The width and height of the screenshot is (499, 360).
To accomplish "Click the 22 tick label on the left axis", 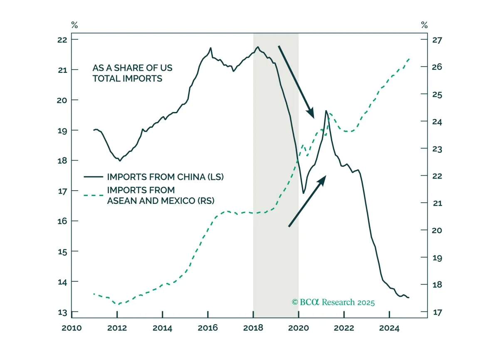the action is [62, 40].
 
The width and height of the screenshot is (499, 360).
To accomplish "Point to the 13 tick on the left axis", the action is [75, 311].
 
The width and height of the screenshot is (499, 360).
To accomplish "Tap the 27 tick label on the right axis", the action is [437, 40].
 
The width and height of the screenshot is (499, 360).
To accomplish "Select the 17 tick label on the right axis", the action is [437, 312].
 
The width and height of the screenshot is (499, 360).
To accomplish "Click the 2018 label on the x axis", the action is [253, 328].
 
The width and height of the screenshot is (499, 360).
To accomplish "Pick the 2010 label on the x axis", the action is [72, 328].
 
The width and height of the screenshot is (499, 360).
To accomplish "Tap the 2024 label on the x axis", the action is [389, 328].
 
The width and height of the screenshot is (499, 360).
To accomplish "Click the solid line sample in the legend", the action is [93, 177].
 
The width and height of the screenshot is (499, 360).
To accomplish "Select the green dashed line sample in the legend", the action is [93, 196].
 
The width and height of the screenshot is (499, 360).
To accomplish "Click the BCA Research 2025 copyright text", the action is [333, 302].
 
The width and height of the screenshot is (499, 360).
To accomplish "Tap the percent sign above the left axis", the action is [74, 25].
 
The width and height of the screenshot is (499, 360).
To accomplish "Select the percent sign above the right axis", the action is [425, 25].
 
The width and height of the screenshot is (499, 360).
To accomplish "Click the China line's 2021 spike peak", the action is [326, 111].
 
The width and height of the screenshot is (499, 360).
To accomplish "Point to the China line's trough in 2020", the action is [303, 193].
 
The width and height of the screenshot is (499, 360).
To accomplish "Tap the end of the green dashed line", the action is [409, 59].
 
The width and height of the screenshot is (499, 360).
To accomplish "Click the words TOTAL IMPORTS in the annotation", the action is [127, 79].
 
